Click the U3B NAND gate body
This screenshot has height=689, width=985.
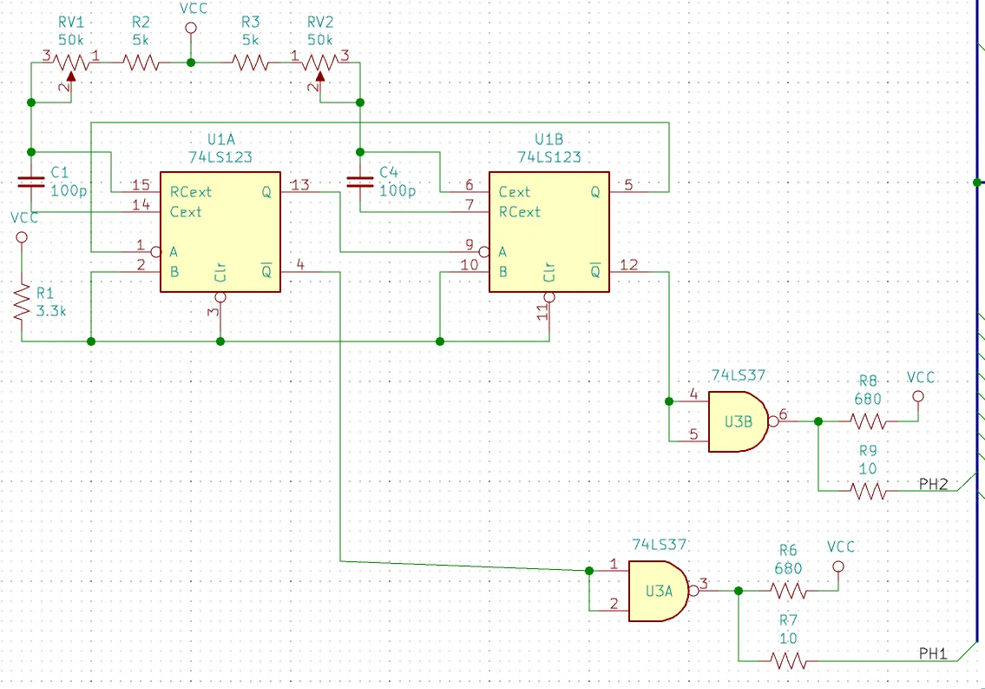pyautogui.click(x=739, y=421)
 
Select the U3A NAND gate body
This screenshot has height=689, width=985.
pyautogui.click(x=659, y=591)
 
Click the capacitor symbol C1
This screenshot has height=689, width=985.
pyautogui.click(x=30, y=182)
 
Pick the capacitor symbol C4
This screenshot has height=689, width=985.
pyautogui.click(x=360, y=182)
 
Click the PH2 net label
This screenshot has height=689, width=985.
pyautogui.click(x=933, y=484)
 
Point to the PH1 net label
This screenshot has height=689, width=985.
pyautogui.click(x=933, y=653)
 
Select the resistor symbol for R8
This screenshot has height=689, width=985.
pyautogui.click(x=868, y=421)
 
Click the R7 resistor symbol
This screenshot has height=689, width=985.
pyautogui.click(x=788, y=660)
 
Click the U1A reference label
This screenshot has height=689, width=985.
pyautogui.click(x=220, y=139)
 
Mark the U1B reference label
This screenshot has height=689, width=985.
pyautogui.click(x=549, y=139)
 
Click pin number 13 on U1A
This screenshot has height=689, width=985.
pyautogui.click(x=300, y=185)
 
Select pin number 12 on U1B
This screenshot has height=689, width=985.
pyautogui.click(x=629, y=265)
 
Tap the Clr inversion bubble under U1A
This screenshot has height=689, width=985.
pyautogui.click(x=220, y=297)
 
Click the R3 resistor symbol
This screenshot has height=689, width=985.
pyautogui.click(x=251, y=63)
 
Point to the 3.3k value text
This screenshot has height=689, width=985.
pyautogui.click(x=51, y=310)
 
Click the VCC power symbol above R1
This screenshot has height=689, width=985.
pyautogui.click(x=22, y=237)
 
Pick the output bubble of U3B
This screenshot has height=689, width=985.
pyautogui.click(x=773, y=421)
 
